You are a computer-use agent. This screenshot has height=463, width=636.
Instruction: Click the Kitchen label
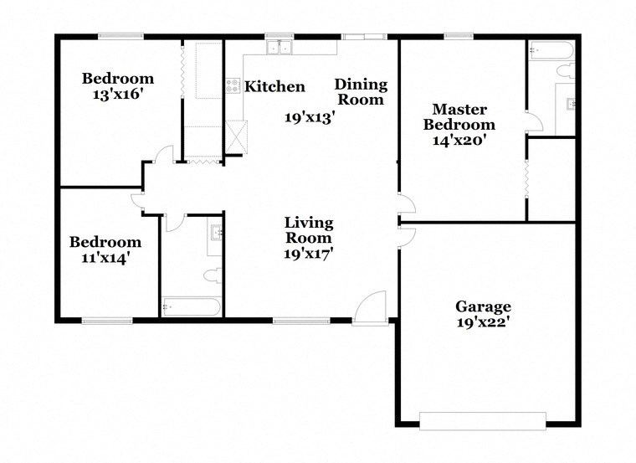274,86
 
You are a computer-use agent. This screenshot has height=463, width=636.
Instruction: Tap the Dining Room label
361,91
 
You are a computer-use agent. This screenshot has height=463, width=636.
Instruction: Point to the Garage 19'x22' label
483,315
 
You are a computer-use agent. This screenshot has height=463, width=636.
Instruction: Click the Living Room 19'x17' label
309,239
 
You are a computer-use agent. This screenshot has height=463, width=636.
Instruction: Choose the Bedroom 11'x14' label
105,250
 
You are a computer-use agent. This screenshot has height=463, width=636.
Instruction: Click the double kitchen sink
278,47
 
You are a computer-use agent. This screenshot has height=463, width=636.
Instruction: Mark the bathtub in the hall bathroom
190,307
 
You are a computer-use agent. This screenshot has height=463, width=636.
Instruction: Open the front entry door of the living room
369,308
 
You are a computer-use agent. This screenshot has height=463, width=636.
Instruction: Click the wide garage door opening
482,419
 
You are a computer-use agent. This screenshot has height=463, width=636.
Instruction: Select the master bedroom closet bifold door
526,179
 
